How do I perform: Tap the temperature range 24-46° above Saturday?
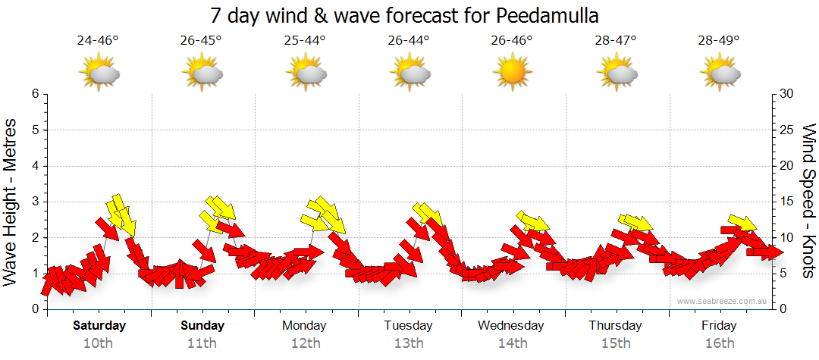click(98, 40)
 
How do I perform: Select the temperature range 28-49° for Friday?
click(719, 40)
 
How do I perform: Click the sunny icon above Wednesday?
click(511, 73)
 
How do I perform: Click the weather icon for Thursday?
click(616, 73)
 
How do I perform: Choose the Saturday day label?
click(99, 326)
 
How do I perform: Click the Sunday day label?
click(202, 326)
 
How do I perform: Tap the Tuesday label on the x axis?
click(408, 326)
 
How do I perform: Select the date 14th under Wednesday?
click(512, 343)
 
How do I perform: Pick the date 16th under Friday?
click(719, 343)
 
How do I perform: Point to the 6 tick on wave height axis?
click(34, 94)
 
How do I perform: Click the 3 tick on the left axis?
click(34, 202)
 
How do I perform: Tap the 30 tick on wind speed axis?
click(787, 94)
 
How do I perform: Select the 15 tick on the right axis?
click(787, 202)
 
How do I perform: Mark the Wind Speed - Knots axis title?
click(808, 201)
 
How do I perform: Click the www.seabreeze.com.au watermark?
click(723, 301)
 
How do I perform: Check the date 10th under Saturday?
click(99, 343)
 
